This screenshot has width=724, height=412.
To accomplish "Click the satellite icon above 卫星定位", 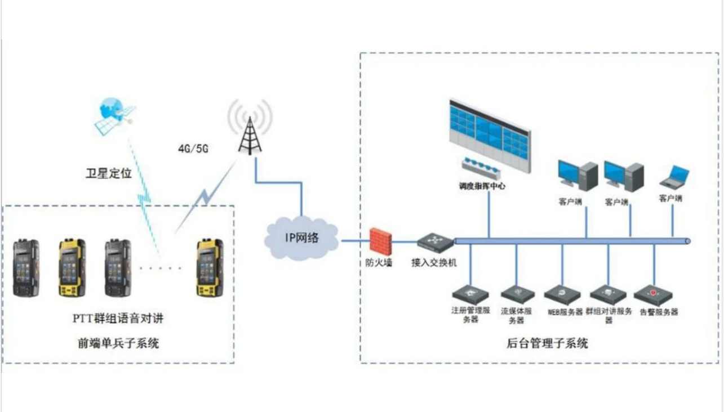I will click(116, 115).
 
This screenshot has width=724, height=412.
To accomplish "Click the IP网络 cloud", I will click(301, 238).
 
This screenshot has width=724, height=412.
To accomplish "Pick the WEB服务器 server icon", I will click(562, 294).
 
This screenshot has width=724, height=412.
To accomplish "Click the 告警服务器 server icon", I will click(654, 294).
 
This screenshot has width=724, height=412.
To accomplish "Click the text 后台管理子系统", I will click(547, 343).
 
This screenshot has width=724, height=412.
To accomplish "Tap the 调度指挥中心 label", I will click(482, 185).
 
